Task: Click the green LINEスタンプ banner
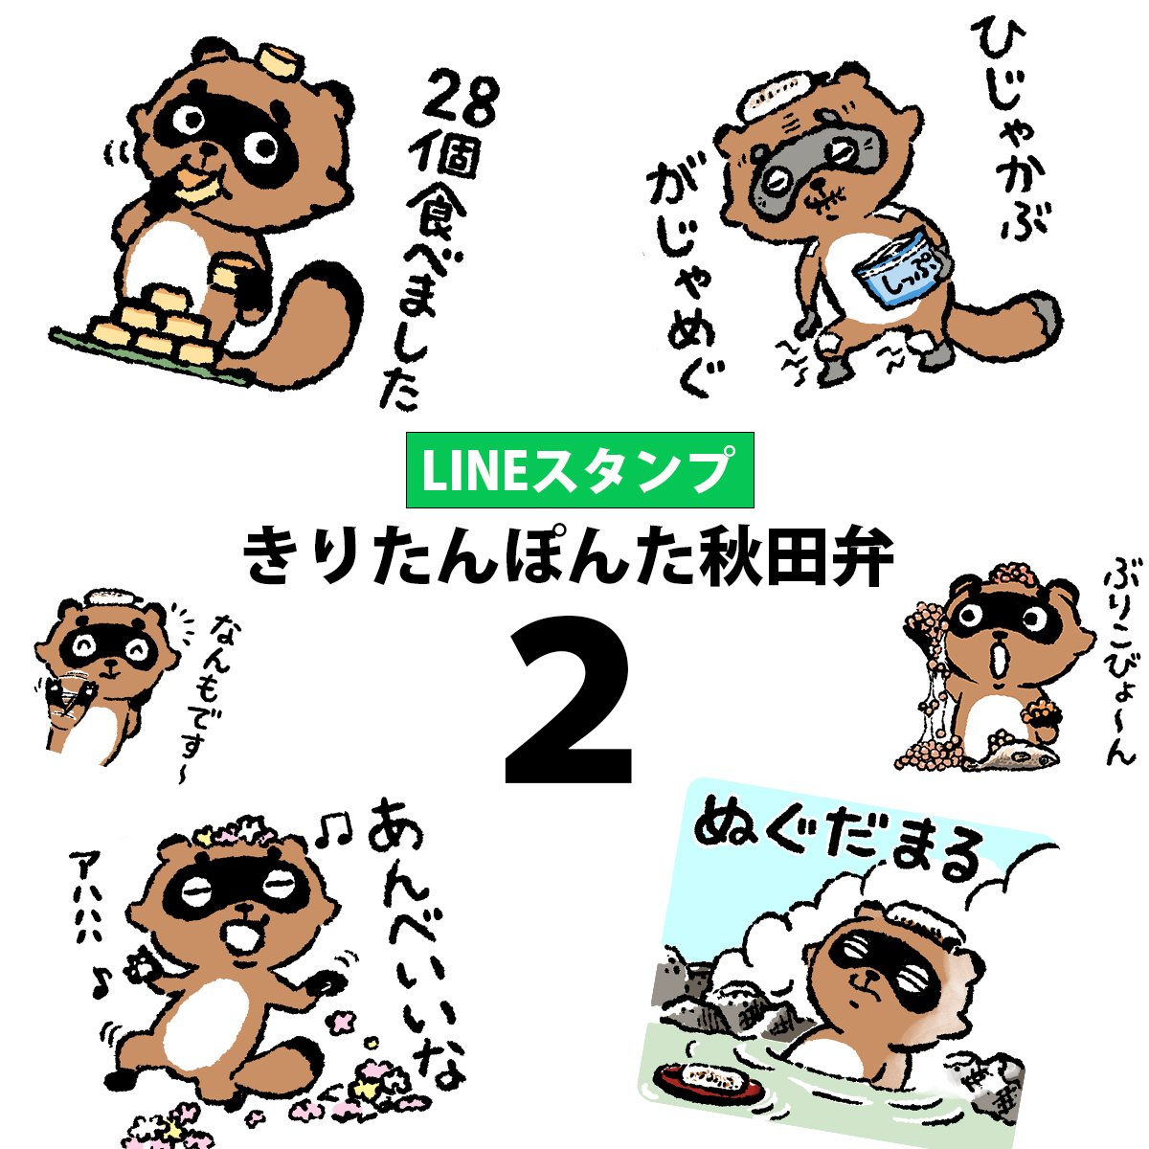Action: coord(579,470)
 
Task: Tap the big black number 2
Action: coord(568,703)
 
